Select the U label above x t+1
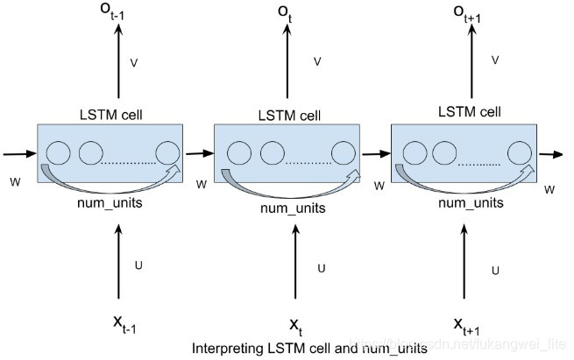(x=496, y=271)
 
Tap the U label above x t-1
(x=137, y=264)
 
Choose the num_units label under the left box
(x=110, y=204)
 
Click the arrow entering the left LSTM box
(x=18, y=154)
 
